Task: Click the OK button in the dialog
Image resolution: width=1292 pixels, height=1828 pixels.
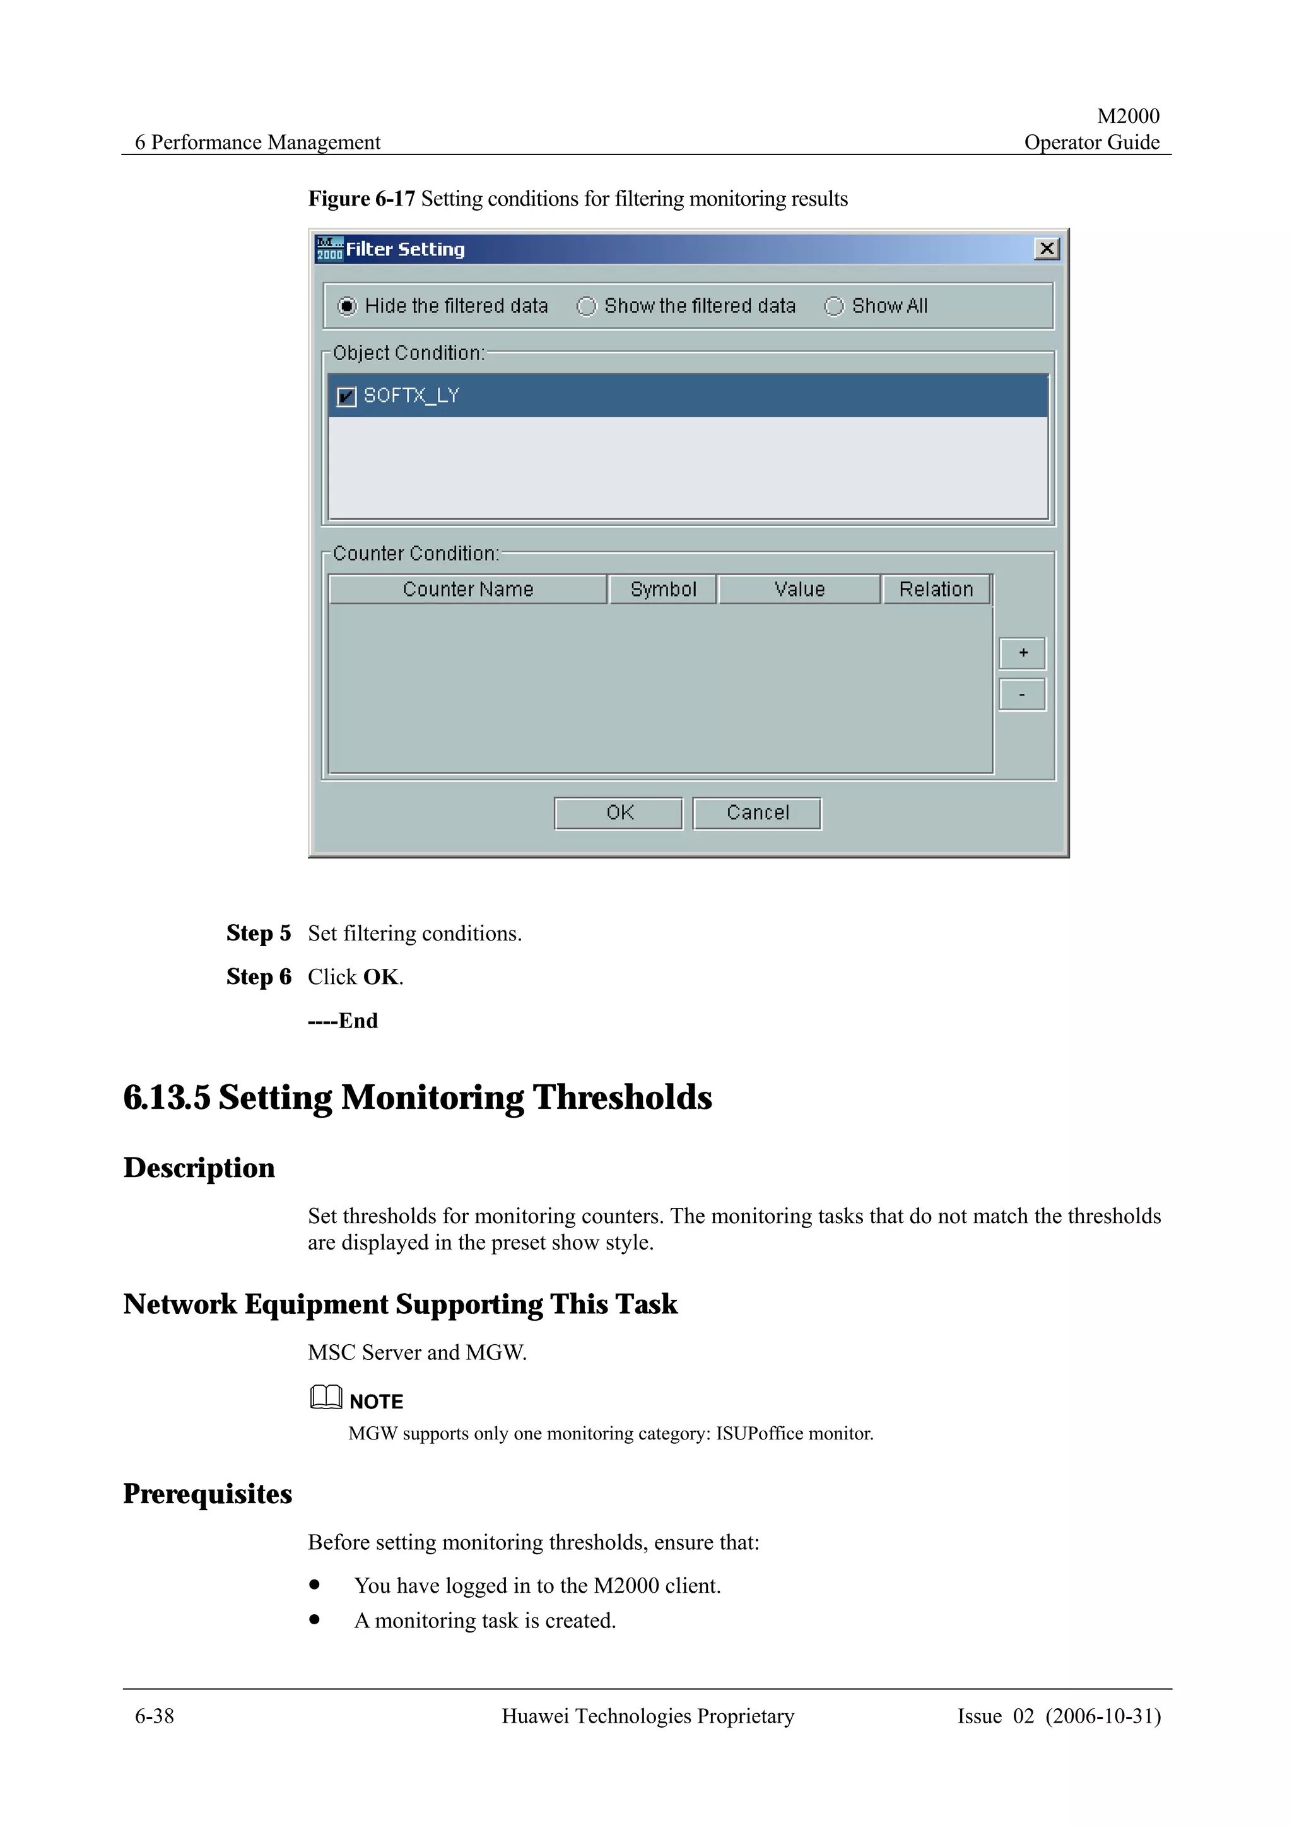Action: point(618,813)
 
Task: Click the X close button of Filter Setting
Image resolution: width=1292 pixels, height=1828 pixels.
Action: point(1046,249)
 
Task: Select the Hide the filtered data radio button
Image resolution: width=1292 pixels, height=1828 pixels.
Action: point(347,307)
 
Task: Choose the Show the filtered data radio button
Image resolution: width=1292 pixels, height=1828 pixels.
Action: point(586,307)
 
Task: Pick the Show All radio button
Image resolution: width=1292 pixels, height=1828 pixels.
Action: point(833,307)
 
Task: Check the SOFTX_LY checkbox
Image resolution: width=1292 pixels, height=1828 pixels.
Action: point(346,397)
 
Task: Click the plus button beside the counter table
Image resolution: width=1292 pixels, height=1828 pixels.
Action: point(1022,653)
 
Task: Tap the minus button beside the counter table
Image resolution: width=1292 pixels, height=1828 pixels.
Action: point(1022,694)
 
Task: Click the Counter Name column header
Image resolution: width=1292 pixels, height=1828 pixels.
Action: point(467,589)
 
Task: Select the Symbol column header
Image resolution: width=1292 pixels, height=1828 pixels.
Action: point(662,589)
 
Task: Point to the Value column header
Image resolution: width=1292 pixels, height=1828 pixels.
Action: point(799,589)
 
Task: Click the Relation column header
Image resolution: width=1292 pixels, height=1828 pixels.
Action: point(936,589)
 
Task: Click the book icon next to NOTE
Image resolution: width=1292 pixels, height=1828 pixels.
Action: point(326,1397)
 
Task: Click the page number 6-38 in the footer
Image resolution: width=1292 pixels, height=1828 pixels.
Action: point(155,1716)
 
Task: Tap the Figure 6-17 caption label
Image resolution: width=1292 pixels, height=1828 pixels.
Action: point(361,198)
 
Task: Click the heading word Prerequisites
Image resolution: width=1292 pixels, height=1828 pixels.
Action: point(208,1494)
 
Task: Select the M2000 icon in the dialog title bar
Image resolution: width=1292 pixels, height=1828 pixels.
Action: point(329,249)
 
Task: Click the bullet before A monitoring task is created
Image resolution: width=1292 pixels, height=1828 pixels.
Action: point(315,1619)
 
